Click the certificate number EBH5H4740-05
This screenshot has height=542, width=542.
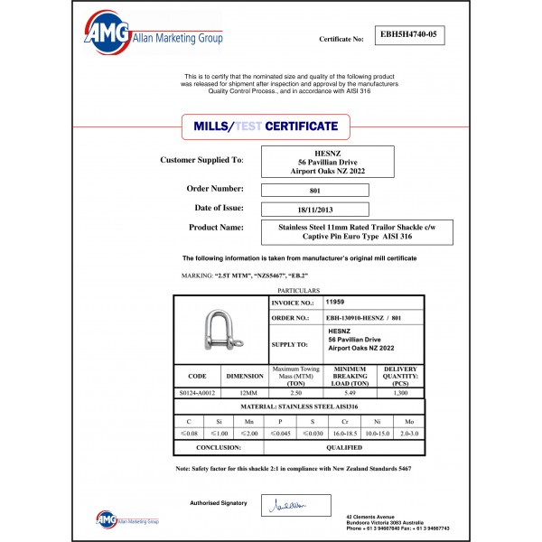tap(409, 36)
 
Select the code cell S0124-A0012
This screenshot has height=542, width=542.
tap(197, 394)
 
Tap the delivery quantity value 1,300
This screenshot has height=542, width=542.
tap(400, 394)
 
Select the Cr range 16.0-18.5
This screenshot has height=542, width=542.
tap(347, 434)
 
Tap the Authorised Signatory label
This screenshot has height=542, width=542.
tap(218, 502)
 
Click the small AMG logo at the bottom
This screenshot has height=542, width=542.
tap(126, 519)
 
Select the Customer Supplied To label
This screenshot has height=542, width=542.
tap(201, 160)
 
